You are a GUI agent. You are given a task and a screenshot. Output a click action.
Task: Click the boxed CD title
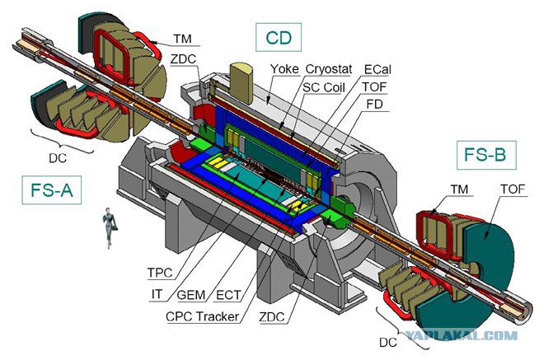(279, 37)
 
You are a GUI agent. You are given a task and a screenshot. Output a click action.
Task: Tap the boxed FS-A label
(52, 190)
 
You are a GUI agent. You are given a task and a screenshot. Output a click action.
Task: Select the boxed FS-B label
(486, 155)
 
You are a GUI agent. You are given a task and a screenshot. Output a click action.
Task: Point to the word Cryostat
(329, 69)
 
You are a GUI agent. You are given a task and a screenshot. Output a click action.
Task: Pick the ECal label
(377, 70)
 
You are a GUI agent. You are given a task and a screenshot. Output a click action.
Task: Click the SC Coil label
(323, 87)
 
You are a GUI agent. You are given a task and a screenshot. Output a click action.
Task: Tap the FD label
(374, 104)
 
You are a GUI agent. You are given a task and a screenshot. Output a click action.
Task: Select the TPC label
(160, 273)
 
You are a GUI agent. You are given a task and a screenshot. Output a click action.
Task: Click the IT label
(157, 295)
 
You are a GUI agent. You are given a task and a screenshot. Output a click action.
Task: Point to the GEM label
(191, 295)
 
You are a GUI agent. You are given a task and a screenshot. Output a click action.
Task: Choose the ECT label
(228, 295)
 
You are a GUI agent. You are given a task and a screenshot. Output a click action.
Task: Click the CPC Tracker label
(202, 316)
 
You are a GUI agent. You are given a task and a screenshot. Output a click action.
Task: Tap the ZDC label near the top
(183, 59)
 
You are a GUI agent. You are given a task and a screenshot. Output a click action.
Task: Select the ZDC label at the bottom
(272, 316)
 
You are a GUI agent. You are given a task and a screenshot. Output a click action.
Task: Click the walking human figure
(110, 227)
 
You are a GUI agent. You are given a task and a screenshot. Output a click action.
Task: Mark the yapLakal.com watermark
(462, 335)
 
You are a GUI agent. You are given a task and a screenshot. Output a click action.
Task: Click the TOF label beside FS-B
(513, 189)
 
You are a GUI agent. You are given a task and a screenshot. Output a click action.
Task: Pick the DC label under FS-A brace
(58, 158)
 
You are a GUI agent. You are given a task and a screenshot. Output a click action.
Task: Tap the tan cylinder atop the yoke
(241, 82)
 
